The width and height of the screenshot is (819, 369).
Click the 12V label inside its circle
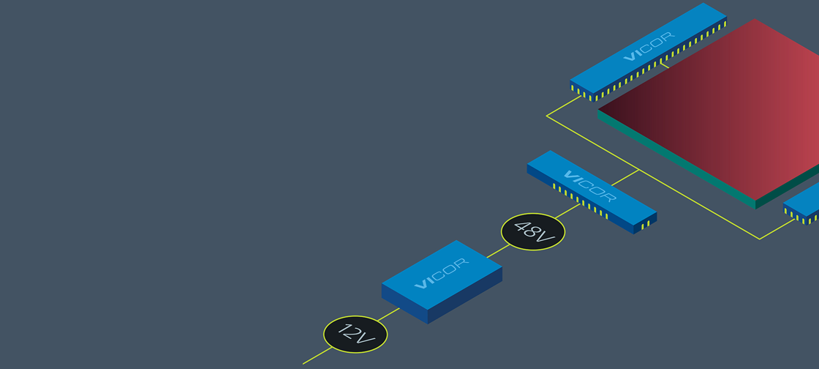click(355, 334)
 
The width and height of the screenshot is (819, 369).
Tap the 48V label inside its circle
click(533, 231)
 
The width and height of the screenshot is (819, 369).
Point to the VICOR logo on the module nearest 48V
click(590, 186)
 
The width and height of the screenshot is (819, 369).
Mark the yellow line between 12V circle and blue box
click(390, 313)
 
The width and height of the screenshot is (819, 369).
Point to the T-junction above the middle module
click(639, 171)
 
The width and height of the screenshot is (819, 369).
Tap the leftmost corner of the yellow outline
click(547, 116)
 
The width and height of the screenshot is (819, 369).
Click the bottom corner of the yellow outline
click(760, 239)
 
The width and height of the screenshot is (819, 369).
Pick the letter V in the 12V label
click(367, 340)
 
